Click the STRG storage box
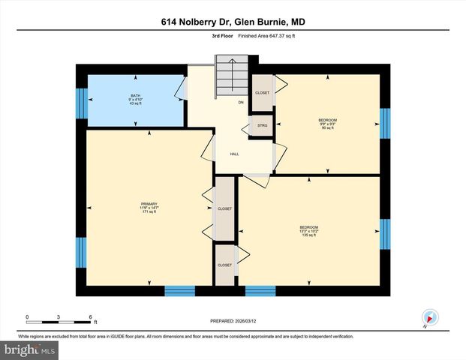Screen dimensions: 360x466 pos(263,124)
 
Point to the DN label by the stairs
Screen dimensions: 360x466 pos(241,102)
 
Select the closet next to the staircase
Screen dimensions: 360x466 pos(263,92)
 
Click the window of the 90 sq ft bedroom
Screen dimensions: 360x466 pos(385,124)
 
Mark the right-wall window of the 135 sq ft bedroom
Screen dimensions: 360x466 pos(385,235)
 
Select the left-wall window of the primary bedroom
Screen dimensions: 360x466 pos(80,252)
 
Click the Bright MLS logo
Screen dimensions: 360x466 pos(29,350)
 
